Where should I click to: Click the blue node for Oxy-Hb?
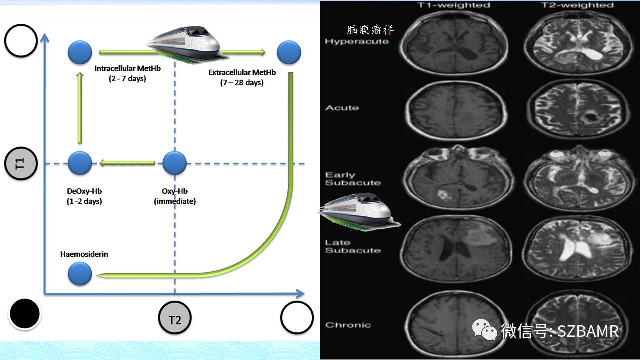coord(174,163)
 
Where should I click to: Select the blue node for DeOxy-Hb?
coord(80,163)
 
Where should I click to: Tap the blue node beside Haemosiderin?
coord(80,273)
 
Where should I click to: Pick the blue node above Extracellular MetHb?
coord(289,52)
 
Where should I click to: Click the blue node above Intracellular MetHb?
coord(80,52)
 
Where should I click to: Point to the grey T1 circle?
coord(21,163)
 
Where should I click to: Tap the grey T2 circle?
coord(175,317)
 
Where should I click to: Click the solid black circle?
coord(25,313)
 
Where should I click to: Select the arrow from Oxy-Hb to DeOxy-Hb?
coord(127,163)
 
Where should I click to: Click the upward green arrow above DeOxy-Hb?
coord(80,108)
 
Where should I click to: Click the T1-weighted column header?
coord(453,5)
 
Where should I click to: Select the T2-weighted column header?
coord(577,5)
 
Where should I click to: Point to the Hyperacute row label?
coord(357,41)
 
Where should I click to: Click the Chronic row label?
coord(348,325)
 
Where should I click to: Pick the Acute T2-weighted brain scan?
coord(578,109)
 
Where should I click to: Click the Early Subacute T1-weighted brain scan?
coord(459,177)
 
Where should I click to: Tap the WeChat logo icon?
coord(484,330)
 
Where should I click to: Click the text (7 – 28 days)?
coord(242,83)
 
